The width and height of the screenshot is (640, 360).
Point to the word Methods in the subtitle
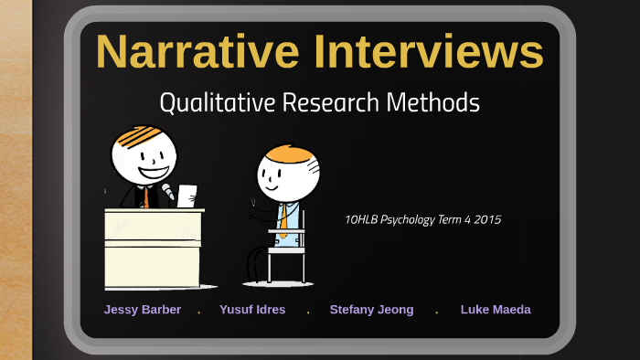[x=435, y=102]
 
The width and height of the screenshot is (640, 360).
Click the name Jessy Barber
[x=143, y=310]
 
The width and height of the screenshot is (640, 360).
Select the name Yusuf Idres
[x=252, y=310]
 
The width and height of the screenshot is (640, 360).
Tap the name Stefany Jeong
[x=371, y=310]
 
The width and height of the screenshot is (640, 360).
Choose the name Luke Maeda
[x=496, y=310]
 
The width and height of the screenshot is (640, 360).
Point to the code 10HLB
[x=361, y=219]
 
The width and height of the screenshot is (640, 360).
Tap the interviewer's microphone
[x=167, y=192]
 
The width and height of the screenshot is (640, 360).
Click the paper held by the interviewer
[x=187, y=195]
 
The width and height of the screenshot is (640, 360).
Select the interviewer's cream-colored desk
[x=151, y=247]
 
